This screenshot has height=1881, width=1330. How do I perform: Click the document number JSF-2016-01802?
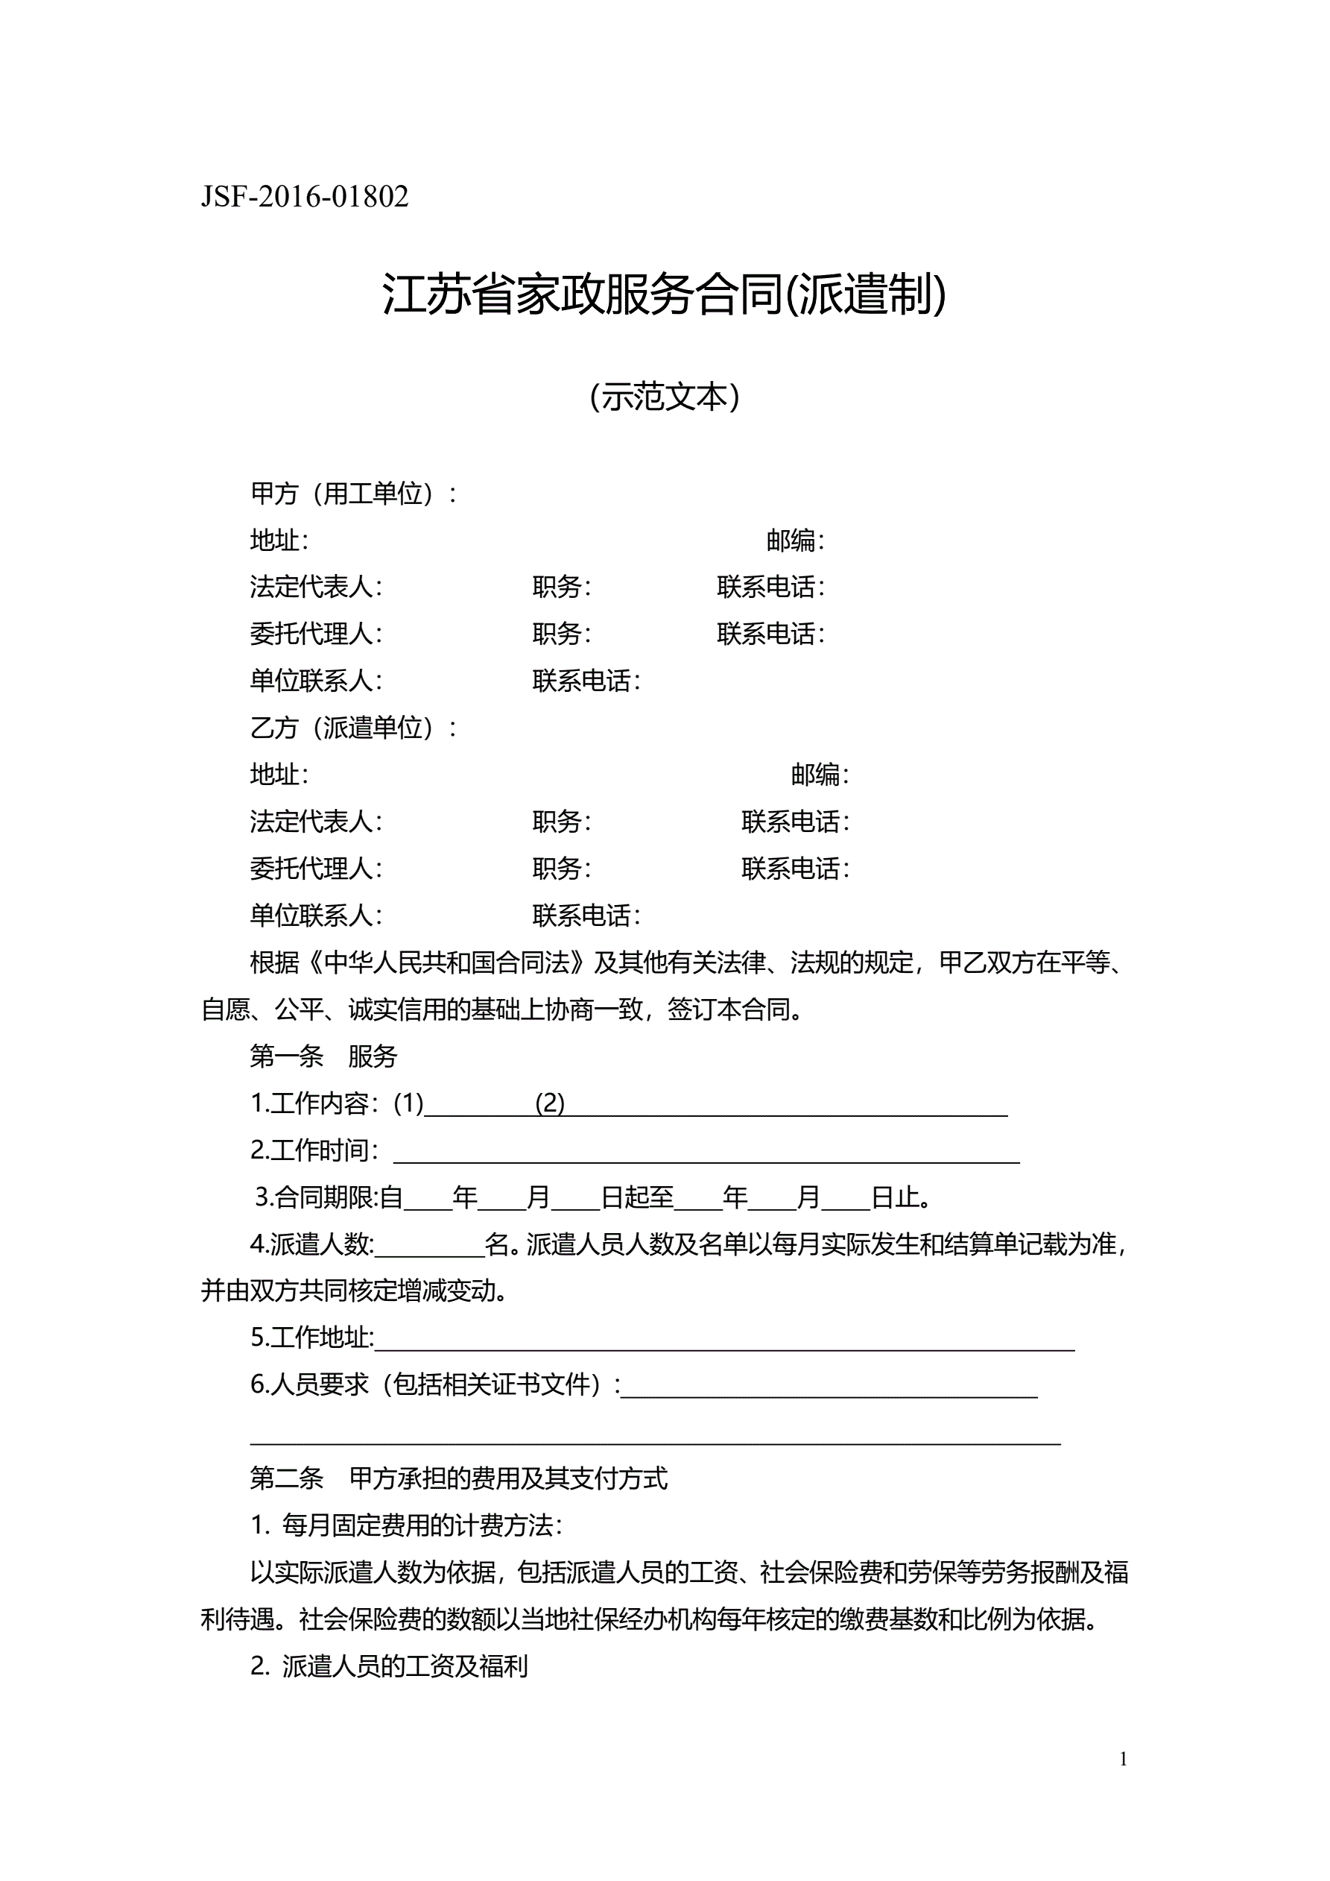305,198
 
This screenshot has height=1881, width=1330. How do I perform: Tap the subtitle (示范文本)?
664,397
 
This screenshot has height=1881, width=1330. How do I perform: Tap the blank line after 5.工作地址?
724,1340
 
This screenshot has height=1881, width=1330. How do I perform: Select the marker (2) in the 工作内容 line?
550,1103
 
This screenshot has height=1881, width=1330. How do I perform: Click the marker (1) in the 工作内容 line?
408,1103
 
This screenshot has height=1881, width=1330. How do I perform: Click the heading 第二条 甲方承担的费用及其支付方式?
459,1478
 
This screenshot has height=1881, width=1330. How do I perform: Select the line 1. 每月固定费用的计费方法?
406,1525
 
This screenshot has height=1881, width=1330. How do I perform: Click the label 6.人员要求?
309,1384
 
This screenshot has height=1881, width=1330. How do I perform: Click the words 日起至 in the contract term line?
637,1198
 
